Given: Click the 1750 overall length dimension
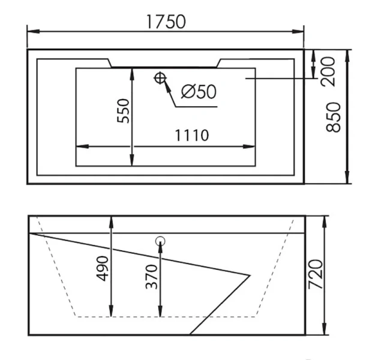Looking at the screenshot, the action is point(166,22).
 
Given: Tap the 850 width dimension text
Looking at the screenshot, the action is point(334,117).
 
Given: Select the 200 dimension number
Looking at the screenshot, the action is point(328,71).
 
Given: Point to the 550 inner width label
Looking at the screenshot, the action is point(124,110).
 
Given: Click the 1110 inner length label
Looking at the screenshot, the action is point(191,135).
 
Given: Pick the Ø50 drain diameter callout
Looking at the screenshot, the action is point(199,91).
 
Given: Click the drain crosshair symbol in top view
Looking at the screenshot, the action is point(160,78).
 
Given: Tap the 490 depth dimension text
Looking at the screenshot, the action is point(102,268).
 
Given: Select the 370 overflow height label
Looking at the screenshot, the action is point(151,277).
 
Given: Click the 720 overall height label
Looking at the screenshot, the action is point(315,274).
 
